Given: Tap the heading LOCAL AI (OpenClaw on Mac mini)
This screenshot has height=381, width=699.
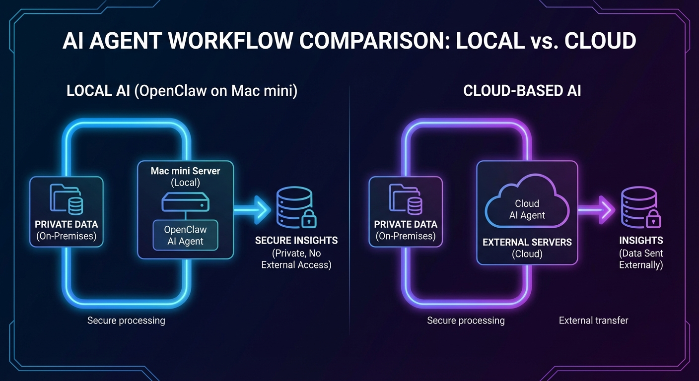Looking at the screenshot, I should point(182,91).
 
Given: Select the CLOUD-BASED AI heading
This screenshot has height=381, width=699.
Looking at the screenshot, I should point(522,91).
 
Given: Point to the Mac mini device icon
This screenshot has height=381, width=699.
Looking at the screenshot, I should point(185,203).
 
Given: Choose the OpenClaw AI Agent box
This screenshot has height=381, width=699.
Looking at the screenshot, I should point(185,236).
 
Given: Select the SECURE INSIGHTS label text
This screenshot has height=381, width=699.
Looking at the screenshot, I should point(296,241).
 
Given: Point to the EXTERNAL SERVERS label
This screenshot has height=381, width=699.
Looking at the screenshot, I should point(527,243).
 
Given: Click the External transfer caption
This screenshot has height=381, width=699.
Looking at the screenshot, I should point(593,320).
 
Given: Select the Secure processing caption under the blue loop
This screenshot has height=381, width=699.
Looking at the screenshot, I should point(126,320).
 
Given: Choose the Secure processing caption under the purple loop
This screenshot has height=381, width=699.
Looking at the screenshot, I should point(466,320).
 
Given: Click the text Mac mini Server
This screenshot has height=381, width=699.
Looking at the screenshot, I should point(185,171).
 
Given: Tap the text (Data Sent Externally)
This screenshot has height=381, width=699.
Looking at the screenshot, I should point(641,259).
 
